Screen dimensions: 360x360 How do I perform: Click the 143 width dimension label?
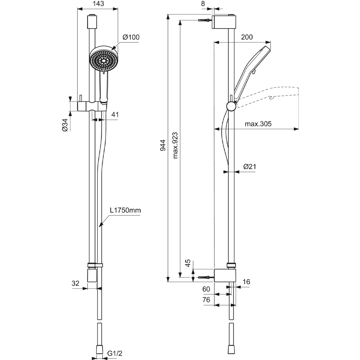(98, 4)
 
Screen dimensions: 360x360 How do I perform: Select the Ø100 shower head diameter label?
(131, 37)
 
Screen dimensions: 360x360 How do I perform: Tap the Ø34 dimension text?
(65, 125)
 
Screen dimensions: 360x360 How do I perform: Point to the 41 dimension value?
(115, 114)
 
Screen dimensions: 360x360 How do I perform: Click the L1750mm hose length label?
(125, 211)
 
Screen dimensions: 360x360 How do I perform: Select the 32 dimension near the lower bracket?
(75, 283)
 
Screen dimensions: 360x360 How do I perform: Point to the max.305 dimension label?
(258, 124)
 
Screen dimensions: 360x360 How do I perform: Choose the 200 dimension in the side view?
(247, 37)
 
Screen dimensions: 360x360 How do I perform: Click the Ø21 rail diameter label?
(249, 166)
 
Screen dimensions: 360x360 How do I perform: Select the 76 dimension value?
(206, 300)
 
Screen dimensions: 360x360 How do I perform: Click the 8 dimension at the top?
(213, 4)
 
